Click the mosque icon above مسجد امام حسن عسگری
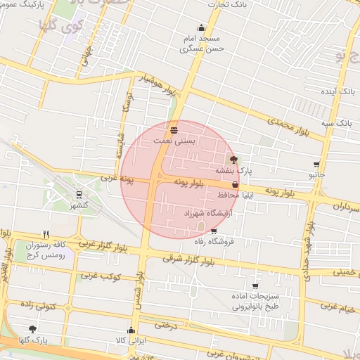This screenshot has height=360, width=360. pyautogui.click(x=202, y=28)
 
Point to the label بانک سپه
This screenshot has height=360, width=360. pyautogui.click(x=337, y=123)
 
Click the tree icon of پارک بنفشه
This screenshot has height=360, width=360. pyautogui.click(x=234, y=160)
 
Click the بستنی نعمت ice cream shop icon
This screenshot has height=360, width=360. pyautogui.click(x=174, y=130)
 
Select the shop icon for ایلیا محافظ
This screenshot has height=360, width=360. pyautogui.click(x=235, y=184)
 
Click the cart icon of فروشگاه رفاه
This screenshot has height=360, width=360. pyautogui.click(x=214, y=231)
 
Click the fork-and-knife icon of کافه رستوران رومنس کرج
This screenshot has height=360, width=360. pyautogui.click(x=46, y=234)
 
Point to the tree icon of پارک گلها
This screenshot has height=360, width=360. pyautogui.click(x=32, y=329)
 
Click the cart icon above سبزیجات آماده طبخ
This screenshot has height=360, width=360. pyautogui.click(x=255, y=286)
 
